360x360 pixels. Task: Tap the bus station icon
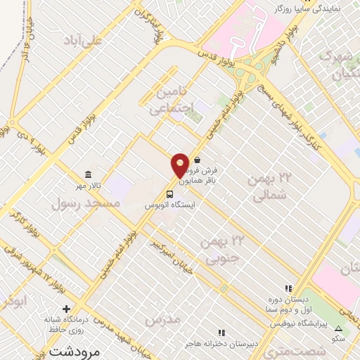tap(169, 194)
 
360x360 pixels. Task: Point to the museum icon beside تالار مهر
tap(87, 174)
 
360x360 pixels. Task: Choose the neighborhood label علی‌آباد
tap(84, 39)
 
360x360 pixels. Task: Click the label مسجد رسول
tap(86, 204)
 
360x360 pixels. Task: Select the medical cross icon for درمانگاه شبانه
tap(67, 309)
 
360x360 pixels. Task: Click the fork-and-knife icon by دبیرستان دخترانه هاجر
tap(221, 332)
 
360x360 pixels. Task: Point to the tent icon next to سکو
tap(338, 329)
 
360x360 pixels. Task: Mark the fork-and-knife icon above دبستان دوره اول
tap(287, 288)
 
